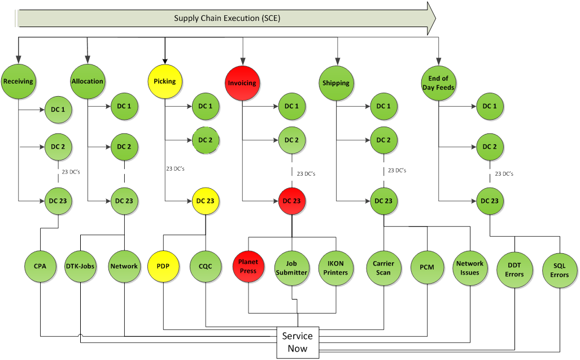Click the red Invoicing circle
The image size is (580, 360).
click(x=242, y=83)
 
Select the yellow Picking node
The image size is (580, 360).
click(x=164, y=81)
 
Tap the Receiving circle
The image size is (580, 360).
click(x=19, y=81)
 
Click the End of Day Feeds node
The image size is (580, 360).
click(x=439, y=83)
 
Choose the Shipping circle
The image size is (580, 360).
click(x=336, y=83)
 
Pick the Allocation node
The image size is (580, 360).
click(x=88, y=81)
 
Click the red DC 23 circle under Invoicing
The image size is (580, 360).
click(x=291, y=201)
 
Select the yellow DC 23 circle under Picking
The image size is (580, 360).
click(x=204, y=201)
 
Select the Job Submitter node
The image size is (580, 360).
click(x=291, y=267)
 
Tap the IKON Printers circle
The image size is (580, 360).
click(x=335, y=267)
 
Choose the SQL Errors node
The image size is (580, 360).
click(x=559, y=270)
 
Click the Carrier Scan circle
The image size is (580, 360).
click(x=383, y=267)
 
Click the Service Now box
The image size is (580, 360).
click(x=298, y=342)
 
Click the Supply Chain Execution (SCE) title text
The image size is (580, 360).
click(x=227, y=18)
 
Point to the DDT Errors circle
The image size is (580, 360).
click(x=514, y=270)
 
